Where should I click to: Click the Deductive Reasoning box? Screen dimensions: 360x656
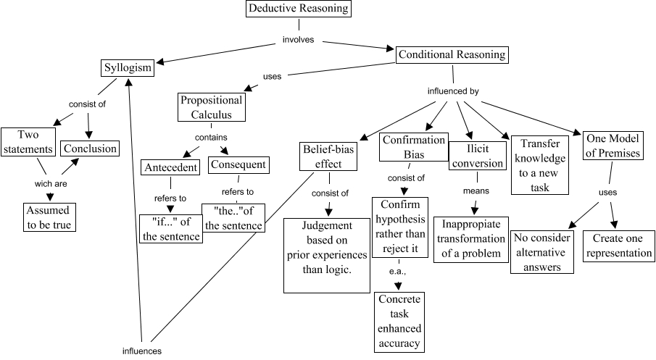pyautogui.click(x=298, y=9)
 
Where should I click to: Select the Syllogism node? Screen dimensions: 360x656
pyautogui.click(x=127, y=68)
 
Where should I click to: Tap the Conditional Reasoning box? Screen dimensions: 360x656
pyautogui.click(x=451, y=55)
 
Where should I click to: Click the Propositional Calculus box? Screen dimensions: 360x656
pyautogui.click(x=211, y=107)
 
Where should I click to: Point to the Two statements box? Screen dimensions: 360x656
pyautogui.click(x=27, y=142)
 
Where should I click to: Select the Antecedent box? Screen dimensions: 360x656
pyautogui.click(x=170, y=167)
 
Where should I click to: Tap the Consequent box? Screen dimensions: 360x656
pyautogui.click(x=238, y=165)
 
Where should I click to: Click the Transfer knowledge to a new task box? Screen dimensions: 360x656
pyautogui.click(x=541, y=164)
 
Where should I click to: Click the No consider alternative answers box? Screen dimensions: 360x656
pyautogui.click(x=542, y=253)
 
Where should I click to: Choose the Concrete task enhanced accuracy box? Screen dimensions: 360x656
pyautogui.click(x=399, y=322)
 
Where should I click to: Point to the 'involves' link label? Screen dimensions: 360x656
pyautogui.click(x=298, y=40)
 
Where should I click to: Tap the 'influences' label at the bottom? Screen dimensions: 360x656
pyautogui.click(x=141, y=351)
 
